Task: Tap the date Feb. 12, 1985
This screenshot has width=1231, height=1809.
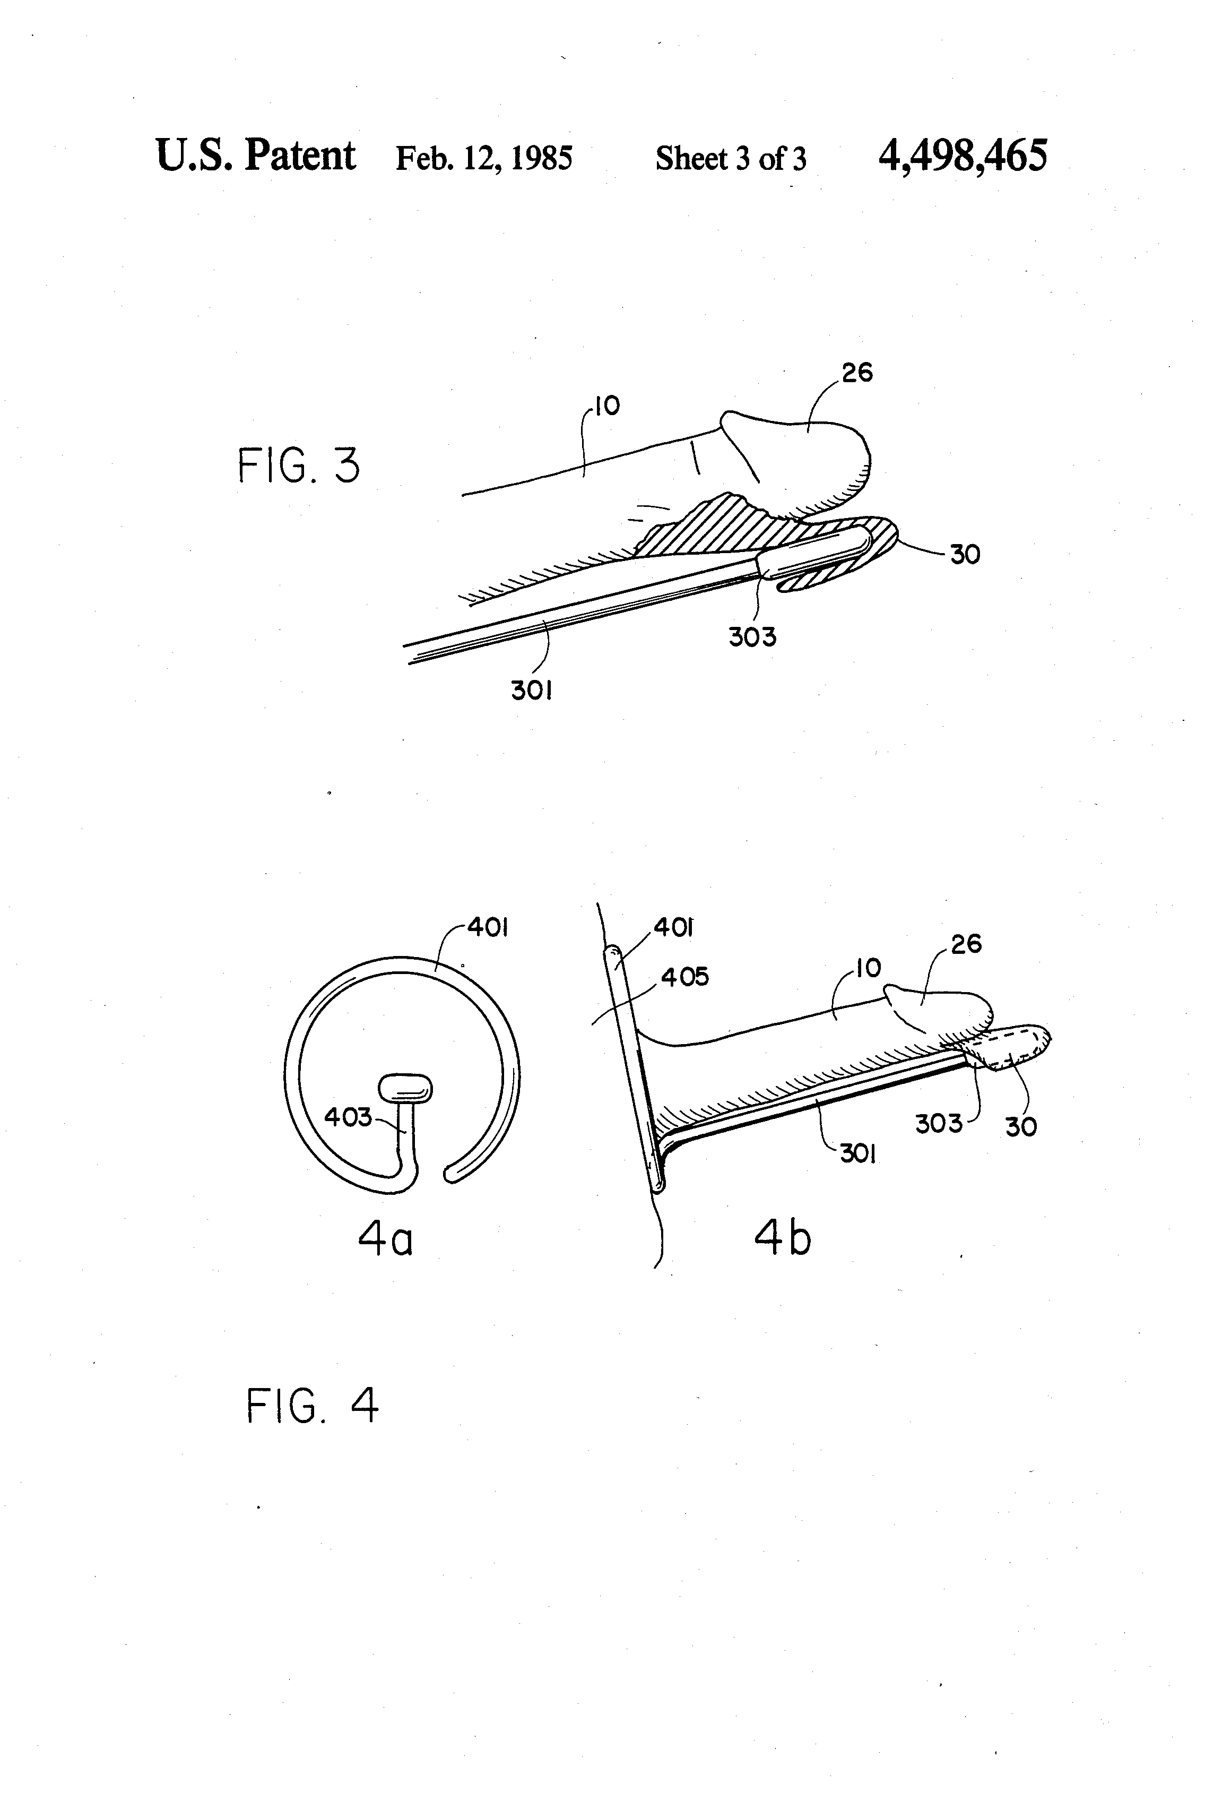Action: (x=484, y=158)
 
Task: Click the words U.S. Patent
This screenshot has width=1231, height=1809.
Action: (x=256, y=155)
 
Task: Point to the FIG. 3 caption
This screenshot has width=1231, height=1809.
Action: (x=299, y=466)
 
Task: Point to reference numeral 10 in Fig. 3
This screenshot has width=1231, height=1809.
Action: (x=607, y=406)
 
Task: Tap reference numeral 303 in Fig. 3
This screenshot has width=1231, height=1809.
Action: (x=752, y=637)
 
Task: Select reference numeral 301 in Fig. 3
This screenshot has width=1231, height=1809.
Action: (x=532, y=690)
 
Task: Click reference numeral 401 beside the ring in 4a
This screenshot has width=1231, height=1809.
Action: (x=488, y=928)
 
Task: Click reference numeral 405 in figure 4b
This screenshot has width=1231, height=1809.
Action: (x=685, y=976)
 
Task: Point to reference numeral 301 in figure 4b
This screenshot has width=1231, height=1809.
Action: (x=859, y=1153)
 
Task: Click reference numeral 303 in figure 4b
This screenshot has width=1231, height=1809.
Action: (x=939, y=1123)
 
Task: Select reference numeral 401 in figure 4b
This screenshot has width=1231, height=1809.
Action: (x=674, y=927)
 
